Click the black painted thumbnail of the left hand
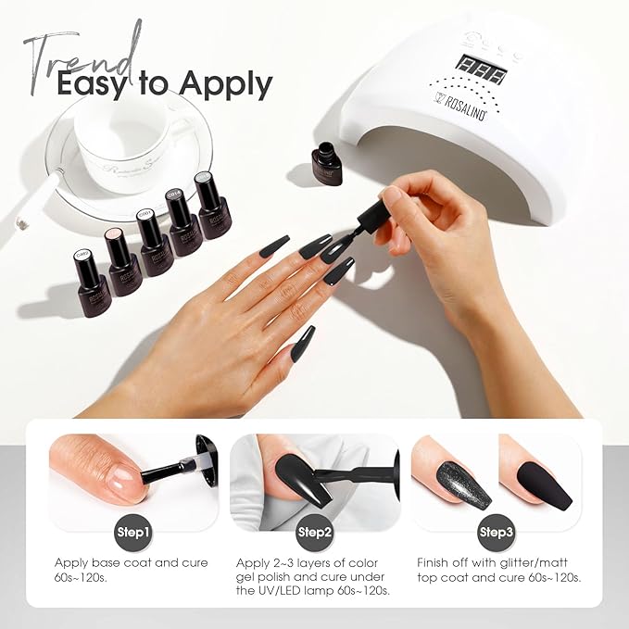(303, 344)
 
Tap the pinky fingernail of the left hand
(274, 247)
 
